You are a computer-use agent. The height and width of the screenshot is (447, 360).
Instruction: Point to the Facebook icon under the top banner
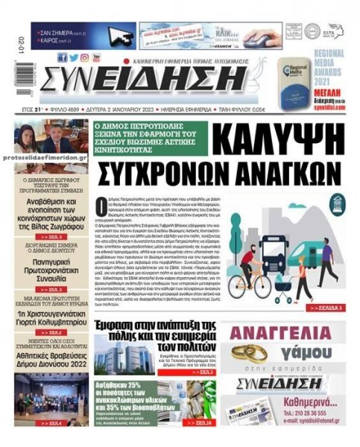(62, 57)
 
